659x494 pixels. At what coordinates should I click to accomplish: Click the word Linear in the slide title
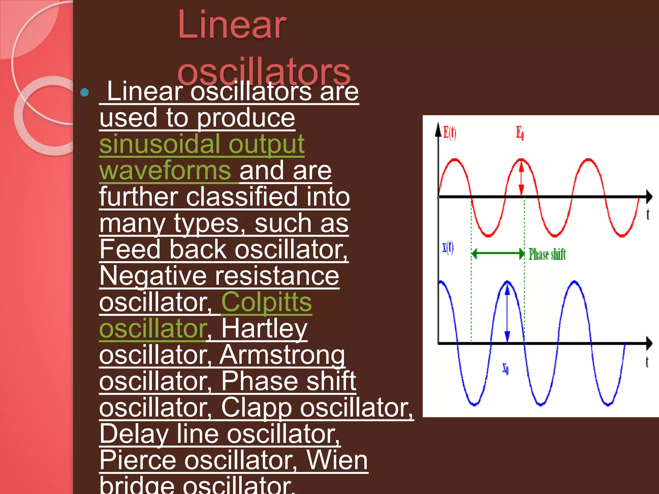tap(232, 25)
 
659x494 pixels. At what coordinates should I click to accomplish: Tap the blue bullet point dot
tap(85, 93)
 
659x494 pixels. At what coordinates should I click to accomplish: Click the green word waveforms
tap(165, 170)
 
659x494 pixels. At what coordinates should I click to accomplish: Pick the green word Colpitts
tap(266, 302)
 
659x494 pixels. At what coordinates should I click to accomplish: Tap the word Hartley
tap(264, 328)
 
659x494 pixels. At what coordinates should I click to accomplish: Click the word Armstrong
tap(282, 355)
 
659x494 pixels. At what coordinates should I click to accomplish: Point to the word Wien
tap(337, 460)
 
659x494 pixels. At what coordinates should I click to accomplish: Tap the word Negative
tap(153, 276)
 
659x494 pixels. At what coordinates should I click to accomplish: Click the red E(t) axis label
tap(450, 132)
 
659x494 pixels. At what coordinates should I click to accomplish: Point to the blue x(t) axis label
tap(448, 248)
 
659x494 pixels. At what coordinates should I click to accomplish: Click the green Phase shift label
tap(547, 254)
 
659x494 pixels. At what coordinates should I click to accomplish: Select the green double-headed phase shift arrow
tap(498, 253)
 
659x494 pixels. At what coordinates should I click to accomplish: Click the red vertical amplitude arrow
tap(522, 178)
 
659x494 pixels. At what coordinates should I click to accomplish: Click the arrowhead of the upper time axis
tap(649, 196)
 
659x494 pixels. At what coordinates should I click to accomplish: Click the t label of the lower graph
tap(647, 362)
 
